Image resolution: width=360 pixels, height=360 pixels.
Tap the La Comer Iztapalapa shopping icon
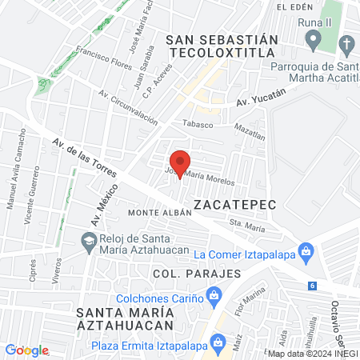[x=305, y=253]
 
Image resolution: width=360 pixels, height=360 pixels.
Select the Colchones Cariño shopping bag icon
[x=214, y=297]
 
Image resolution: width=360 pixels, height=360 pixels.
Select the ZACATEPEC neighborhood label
[x=234, y=205]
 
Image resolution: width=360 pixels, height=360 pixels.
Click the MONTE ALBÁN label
[x=160, y=213]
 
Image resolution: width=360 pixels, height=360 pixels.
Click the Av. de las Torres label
[x=84, y=157]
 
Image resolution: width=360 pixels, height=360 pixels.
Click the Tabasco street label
[x=199, y=124]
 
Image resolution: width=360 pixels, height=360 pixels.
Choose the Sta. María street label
[x=246, y=226]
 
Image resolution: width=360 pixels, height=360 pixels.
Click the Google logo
[x=26, y=350]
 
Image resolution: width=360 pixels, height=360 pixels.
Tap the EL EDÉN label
[x=293, y=6]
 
